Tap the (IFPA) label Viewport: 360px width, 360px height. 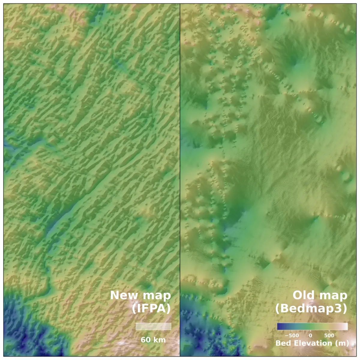[x=151, y=309]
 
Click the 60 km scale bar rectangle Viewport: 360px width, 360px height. [x=153, y=326]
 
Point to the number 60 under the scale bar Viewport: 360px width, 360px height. [x=146, y=340]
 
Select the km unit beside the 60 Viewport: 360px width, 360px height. [x=159, y=340]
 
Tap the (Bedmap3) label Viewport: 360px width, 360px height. [x=311, y=309]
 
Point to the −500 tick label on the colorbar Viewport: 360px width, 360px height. [x=292, y=335]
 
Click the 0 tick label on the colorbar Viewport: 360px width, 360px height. [x=310, y=335]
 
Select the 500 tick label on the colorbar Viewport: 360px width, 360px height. [x=329, y=335]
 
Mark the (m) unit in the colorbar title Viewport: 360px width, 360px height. [x=343, y=343]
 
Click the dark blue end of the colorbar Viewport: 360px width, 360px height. [x=279, y=326]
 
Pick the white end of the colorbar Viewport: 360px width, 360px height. [x=346, y=326]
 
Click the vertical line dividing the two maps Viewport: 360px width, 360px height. [x=180, y=180]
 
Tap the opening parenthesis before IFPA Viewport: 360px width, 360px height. [x=134, y=309]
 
